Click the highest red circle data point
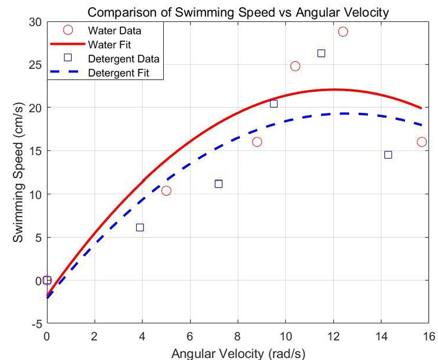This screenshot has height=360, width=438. coord(343,32)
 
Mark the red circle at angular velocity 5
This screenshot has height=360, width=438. coord(166,190)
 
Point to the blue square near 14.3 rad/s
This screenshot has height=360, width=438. coord(388,155)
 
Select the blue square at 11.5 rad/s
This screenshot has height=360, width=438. coord(321,53)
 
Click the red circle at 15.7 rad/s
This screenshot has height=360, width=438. coord(422,142)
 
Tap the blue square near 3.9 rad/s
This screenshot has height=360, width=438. coord(140,227)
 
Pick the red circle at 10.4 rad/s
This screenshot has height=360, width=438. coord(295,66)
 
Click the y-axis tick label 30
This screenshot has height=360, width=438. coord(34,21)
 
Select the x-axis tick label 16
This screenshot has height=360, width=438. coord(429,336)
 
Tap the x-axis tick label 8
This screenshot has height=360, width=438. coord(238,336)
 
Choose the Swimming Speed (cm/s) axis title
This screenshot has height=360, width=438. coord(18,172)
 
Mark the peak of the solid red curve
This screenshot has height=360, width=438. coord(334,90)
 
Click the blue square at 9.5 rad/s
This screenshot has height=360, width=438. coord(274,103)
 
